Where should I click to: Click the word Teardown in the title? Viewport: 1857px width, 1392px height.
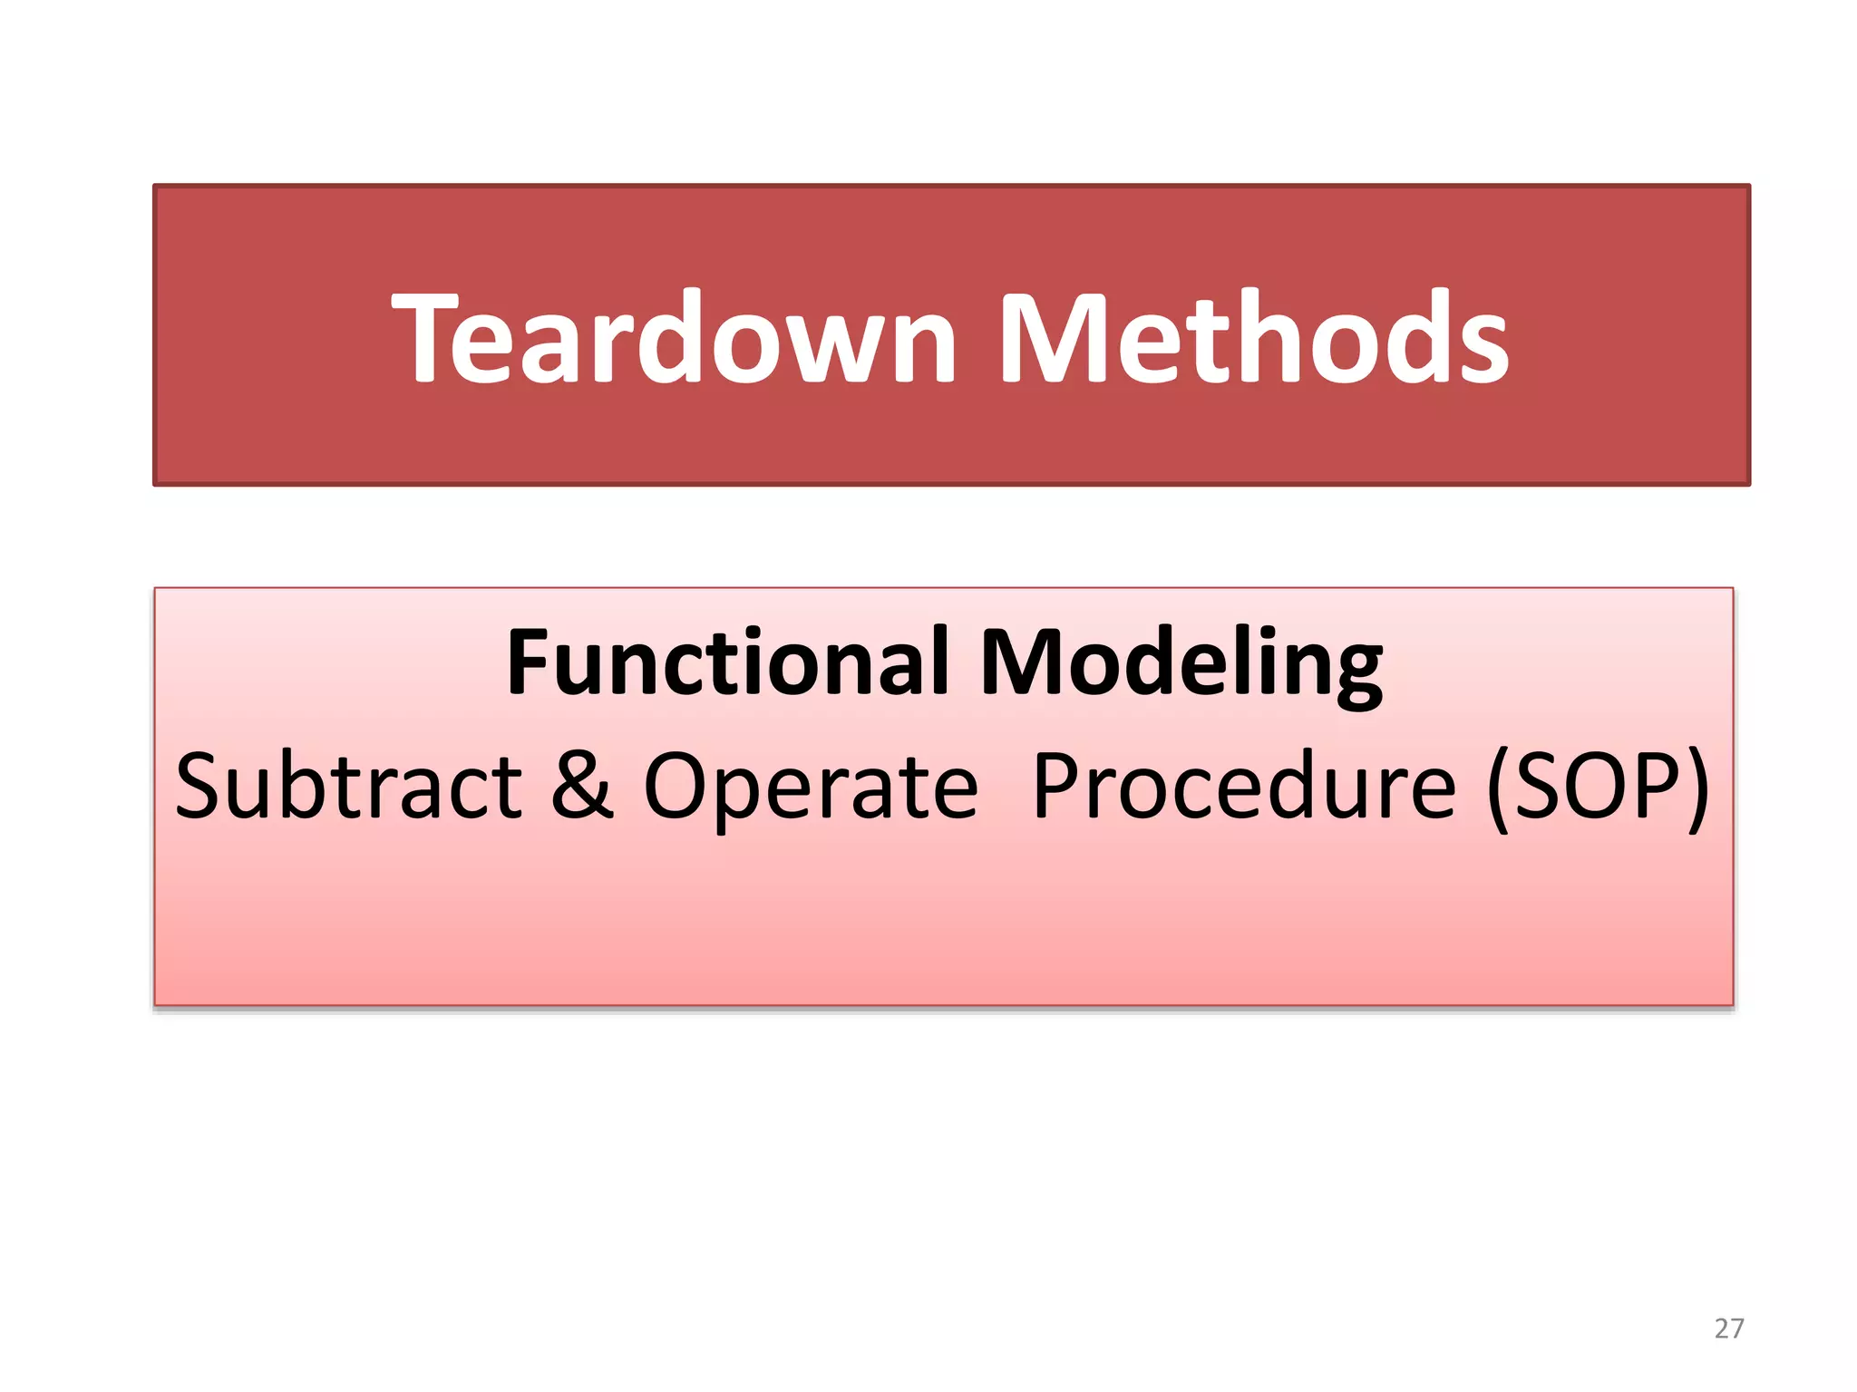675,337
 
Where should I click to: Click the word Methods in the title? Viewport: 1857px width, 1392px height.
1253,337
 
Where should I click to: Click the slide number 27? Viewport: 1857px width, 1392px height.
1728,1329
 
